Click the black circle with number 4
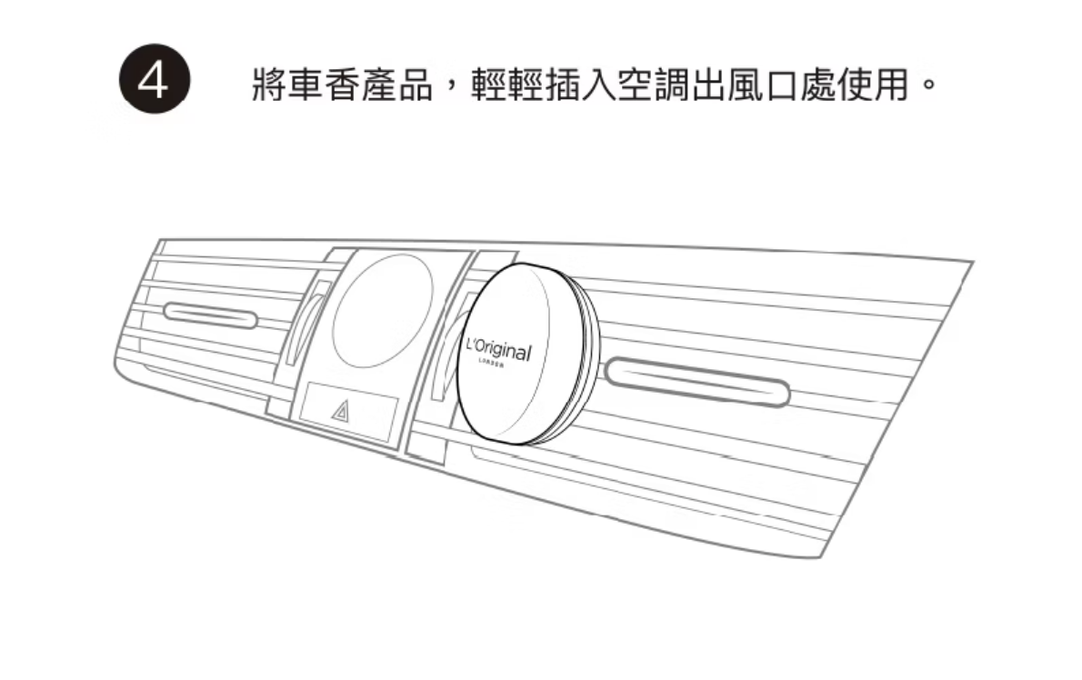(x=155, y=80)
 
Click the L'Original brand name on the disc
(x=496, y=350)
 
